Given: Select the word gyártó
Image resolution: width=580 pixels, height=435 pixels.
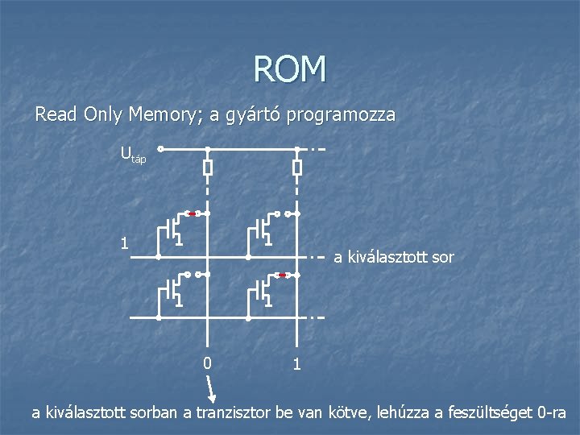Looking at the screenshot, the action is click(246, 115).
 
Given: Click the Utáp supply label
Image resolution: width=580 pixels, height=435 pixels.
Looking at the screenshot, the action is click(133, 153).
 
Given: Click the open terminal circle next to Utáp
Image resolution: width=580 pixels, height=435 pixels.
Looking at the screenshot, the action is click(160, 149).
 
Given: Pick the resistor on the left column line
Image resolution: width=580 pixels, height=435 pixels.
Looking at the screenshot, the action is click(207, 168).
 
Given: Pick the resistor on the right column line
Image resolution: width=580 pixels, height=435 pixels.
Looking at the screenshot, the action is click(296, 168).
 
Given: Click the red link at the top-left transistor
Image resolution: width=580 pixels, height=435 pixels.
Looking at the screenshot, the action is click(193, 213).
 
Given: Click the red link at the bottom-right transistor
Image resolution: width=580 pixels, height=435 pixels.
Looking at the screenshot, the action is click(282, 275).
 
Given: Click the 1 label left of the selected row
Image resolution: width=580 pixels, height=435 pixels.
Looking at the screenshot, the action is click(123, 242).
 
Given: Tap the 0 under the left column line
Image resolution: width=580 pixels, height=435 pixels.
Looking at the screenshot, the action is click(207, 363).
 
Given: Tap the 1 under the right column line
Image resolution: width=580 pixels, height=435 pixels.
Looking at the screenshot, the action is click(296, 364).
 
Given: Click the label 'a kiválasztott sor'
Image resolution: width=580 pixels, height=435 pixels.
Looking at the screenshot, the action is click(393, 258).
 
